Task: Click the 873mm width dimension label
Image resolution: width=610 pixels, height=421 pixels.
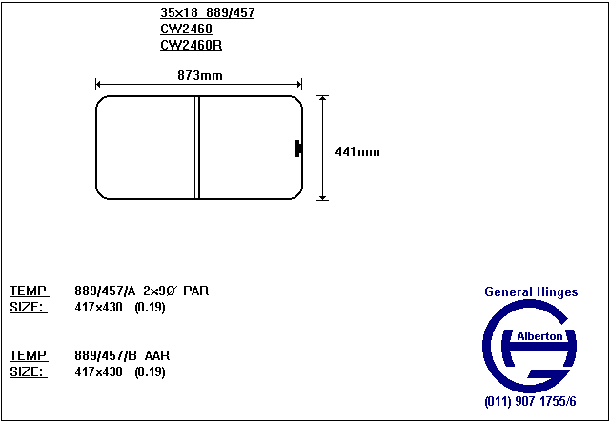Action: pyautogui.click(x=200, y=75)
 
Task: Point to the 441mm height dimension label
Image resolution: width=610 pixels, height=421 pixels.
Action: pyautogui.click(x=357, y=151)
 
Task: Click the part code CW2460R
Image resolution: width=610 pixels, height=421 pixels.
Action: pyautogui.click(x=191, y=46)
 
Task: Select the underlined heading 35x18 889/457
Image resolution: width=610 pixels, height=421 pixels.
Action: pyautogui.click(x=207, y=13)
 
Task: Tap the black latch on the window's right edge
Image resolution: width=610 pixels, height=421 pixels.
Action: pyautogui.click(x=298, y=148)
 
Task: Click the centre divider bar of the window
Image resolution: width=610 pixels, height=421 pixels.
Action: pyautogui.click(x=197, y=148)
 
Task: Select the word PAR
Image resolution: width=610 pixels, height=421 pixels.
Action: pyautogui.click(x=196, y=291)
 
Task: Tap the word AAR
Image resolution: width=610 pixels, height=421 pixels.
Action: pyautogui.click(x=156, y=355)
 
